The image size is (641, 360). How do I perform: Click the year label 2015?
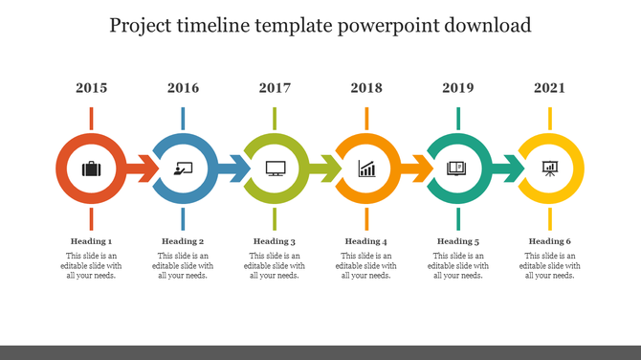tap(91, 88)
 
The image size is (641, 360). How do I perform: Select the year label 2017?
tap(275, 88)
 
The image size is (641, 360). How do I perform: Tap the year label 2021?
tap(550, 88)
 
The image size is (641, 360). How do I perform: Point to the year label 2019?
tap(458, 88)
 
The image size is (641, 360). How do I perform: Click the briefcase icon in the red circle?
tap(91, 169)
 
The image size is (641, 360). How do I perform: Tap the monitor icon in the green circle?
tap(276, 169)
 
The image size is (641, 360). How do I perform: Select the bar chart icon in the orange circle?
tap(367, 169)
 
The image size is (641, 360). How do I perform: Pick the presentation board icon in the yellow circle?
tap(550, 169)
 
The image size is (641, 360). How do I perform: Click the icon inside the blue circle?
tap(183, 169)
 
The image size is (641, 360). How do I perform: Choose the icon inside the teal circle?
tap(458, 169)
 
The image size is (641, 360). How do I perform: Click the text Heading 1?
tap(91, 241)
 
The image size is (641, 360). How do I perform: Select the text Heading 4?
tap(366, 241)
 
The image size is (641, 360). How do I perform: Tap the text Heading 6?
tap(550, 241)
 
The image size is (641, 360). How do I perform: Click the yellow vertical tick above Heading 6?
tap(550, 218)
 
